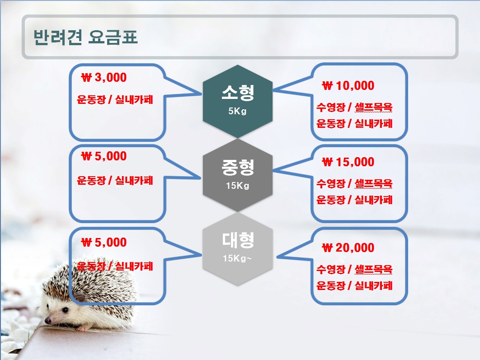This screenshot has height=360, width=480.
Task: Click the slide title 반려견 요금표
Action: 85,37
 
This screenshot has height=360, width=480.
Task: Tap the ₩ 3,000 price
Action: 104,77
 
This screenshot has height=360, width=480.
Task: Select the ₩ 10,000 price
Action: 348,86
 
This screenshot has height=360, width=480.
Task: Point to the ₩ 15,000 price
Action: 348,162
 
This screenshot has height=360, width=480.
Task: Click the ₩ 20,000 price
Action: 348,248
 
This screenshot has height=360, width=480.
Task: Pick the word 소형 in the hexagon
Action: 238,92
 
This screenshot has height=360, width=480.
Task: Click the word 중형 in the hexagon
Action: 238,167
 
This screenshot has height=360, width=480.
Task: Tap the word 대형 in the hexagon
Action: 238,240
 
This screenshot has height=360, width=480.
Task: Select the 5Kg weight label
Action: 237,111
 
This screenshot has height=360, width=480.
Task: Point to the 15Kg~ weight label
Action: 237,258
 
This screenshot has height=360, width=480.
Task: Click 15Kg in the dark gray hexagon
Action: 238,185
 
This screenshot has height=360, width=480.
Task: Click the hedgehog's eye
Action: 65,310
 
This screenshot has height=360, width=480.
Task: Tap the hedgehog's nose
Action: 48,321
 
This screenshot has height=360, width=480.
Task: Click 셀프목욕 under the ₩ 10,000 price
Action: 373,107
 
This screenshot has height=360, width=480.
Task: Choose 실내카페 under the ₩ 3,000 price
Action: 134,100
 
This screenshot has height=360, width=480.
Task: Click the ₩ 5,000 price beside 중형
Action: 104,156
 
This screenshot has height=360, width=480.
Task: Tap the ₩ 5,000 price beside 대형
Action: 104,242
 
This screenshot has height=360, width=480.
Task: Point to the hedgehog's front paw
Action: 82,329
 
